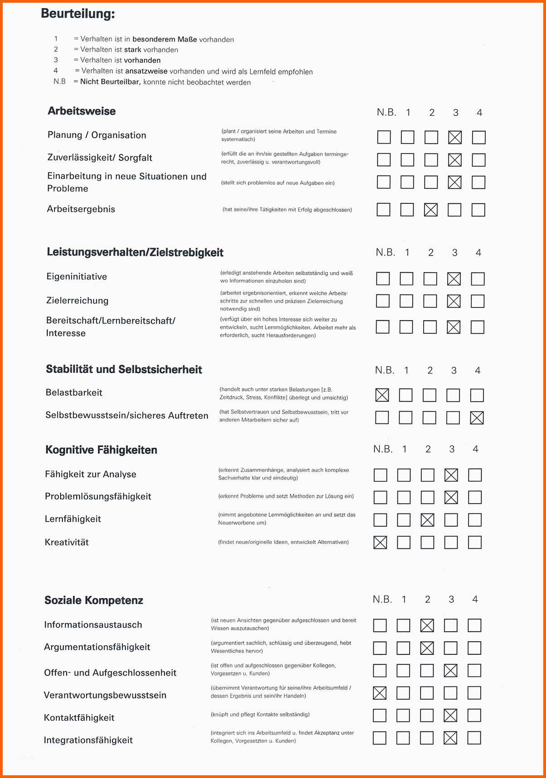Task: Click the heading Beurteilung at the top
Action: [x=78, y=14]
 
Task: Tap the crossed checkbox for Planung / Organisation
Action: [x=454, y=137]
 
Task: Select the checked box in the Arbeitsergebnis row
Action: [x=430, y=210]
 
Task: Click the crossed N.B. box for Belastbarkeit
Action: [x=382, y=395]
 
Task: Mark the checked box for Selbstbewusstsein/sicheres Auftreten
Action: [x=477, y=418]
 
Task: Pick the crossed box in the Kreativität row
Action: [x=380, y=542]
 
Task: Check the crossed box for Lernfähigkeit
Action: [x=427, y=520]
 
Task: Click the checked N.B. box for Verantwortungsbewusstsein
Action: [x=379, y=693]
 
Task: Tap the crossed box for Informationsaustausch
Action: [x=427, y=625]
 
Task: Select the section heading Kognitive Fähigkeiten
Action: [x=101, y=450]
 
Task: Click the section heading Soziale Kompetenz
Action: [x=94, y=600]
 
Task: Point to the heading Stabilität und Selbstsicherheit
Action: [x=124, y=370]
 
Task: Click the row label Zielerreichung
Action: [x=77, y=301]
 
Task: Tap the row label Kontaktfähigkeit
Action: [x=79, y=718]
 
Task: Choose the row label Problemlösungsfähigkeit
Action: [x=98, y=496]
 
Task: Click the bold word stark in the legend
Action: [x=133, y=50]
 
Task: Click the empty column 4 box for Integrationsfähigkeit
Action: [x=474, y=738]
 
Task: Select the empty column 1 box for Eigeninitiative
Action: [x=406, y=279]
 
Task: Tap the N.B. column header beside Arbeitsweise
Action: [x=387, y=112]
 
